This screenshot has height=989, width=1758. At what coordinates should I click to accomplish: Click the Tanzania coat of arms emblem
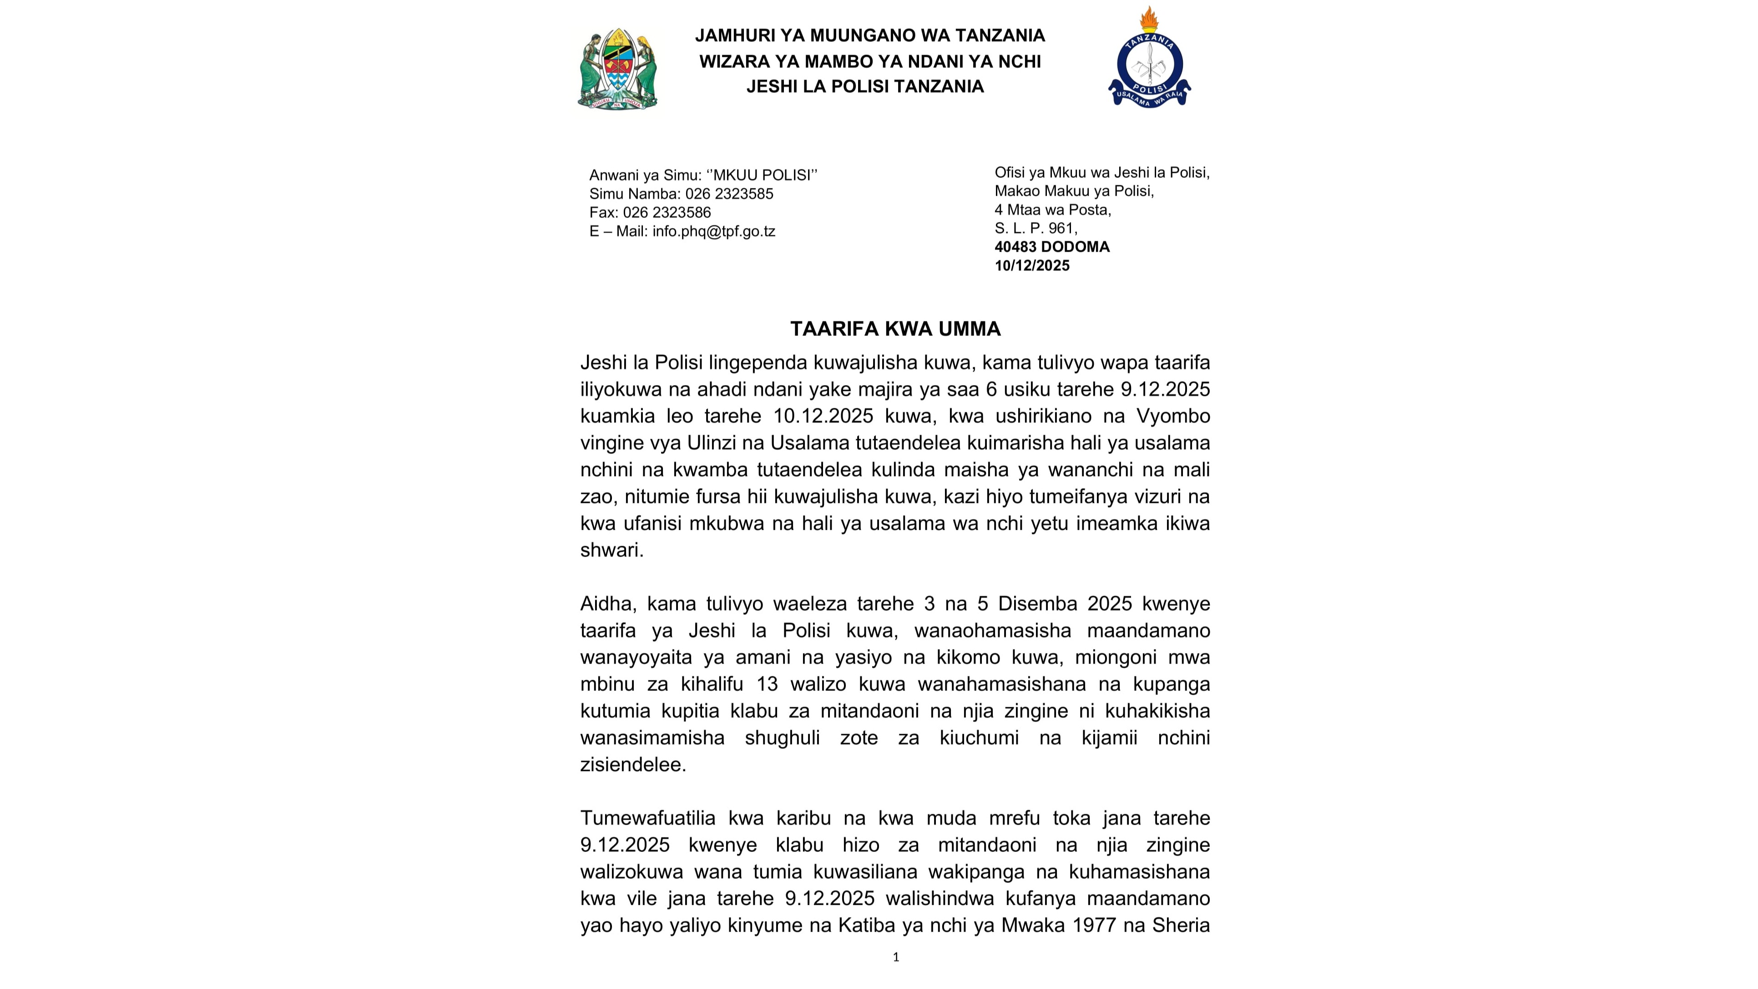coord(617,68)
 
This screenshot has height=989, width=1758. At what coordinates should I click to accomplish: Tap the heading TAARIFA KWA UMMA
coord(895,329)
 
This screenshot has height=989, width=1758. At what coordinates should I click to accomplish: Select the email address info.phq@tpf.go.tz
coord(713,231)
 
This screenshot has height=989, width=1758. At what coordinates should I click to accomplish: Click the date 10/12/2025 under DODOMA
coord(1032,265)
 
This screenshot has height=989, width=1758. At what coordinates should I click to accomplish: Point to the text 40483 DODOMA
coord(1052,247)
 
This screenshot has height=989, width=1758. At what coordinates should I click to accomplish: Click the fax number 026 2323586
coord(667,212)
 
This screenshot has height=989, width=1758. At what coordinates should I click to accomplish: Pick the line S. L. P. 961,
coord(1036,228)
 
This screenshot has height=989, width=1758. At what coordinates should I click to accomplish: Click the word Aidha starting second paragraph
coord(607,604)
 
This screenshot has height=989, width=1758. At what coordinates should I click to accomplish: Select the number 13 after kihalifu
coord(767,684)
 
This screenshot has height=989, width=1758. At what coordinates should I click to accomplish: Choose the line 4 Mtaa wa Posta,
coord(1052,209)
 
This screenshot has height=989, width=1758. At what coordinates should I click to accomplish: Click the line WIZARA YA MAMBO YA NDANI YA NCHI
coord(869,61)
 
